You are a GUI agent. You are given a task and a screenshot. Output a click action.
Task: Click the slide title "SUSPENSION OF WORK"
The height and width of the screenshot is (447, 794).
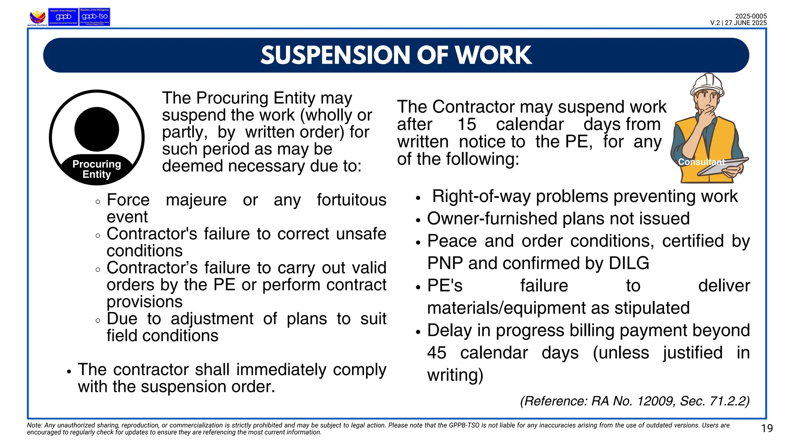396,55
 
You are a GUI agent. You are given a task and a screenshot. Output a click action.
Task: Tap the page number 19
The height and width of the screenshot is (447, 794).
767,428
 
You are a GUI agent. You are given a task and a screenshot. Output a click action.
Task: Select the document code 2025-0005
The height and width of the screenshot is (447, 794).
751,16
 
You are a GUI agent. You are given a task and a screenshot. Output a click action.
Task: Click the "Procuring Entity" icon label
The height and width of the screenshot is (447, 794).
97,169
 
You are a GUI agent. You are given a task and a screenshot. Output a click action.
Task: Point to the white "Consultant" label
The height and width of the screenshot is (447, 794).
701,162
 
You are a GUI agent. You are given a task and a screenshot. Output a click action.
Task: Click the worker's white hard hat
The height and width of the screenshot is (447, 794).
707,84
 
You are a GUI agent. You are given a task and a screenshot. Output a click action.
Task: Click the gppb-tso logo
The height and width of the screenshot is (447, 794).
95,17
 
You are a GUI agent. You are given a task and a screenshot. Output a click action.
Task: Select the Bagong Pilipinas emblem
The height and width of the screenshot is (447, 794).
37,17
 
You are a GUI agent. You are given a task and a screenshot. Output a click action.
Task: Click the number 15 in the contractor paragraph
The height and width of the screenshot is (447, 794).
466,125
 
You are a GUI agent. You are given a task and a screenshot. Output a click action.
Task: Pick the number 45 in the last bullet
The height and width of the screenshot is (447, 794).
437,353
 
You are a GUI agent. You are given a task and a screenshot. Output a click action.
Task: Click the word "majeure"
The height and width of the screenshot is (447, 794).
196,200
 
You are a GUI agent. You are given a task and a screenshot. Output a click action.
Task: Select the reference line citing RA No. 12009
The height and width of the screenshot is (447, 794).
635,401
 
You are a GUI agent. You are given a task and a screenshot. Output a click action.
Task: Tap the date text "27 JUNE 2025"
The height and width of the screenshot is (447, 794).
746,23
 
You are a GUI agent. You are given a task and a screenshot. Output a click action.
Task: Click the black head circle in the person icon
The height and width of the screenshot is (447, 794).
97,129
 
